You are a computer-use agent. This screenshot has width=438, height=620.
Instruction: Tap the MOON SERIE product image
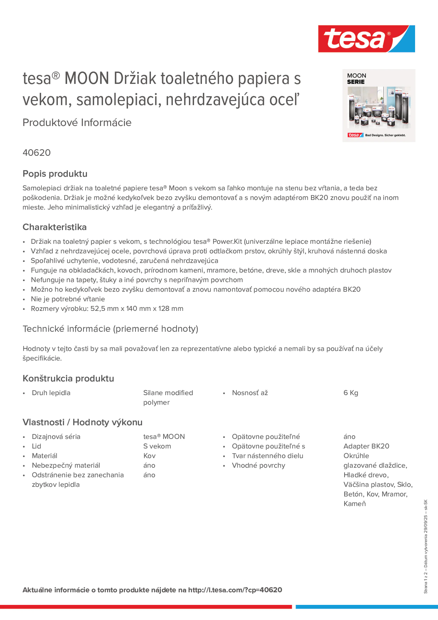click(x=379, y=106)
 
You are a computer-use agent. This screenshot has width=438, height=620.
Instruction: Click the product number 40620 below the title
click(x=36, y=153)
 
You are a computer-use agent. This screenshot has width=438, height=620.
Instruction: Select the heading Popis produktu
click(x=55, y=174)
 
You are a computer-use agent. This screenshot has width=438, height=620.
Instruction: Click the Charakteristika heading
click(x=55, y=227)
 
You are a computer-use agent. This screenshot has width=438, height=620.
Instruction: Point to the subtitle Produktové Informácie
click(x=77, y=123)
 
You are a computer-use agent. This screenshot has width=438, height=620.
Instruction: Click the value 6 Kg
click(x=350, y=393)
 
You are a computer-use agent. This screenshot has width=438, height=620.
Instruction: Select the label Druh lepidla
click(x=51, y=393)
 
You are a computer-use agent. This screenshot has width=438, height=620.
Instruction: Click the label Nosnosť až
click(x=250, y=393)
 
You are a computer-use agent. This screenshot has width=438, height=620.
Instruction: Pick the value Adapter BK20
click(x=366, y=446)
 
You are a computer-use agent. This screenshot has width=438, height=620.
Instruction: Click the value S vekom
click(x=157, y=446)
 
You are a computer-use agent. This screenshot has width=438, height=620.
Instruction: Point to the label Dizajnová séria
click(x=56, y=437)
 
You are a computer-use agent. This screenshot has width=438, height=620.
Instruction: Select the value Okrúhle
click(x=356, y=456)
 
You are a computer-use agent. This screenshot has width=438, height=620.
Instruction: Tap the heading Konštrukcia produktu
click(x=68, y=379)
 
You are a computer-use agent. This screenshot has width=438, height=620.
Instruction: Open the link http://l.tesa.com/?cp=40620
click(x=235, y=590)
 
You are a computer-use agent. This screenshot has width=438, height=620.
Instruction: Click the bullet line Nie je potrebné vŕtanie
click(x=68, y=299)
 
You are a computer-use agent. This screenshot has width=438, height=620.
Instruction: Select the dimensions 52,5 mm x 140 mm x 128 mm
click(x=137, y=309)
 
